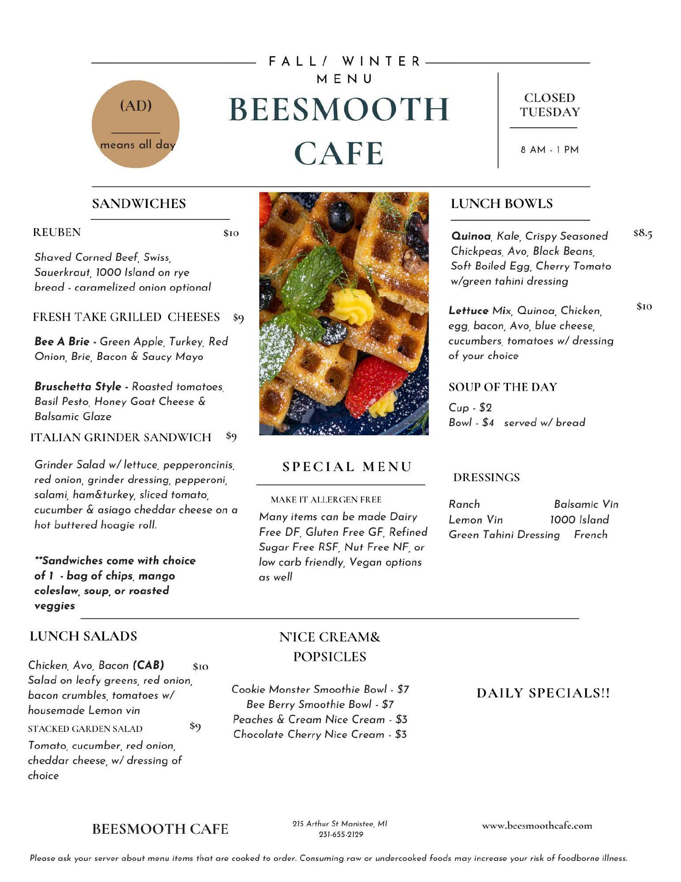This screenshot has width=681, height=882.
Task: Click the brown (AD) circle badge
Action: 135,124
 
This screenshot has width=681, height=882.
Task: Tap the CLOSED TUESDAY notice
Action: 549,105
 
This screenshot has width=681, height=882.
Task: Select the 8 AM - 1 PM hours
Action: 549,150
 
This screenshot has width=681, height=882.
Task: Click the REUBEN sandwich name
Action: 57,232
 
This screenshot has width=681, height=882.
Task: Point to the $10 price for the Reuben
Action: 231,233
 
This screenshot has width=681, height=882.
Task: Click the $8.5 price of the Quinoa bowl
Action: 642,233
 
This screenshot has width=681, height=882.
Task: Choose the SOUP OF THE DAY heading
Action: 502,387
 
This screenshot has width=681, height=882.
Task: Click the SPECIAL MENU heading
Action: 347,467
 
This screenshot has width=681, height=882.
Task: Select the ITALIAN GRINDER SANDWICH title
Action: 121,437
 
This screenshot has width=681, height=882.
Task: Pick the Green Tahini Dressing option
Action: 504,535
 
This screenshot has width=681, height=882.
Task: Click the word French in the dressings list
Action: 591,535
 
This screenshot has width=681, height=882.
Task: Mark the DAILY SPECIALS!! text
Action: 543,693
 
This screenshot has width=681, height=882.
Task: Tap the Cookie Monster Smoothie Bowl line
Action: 320,689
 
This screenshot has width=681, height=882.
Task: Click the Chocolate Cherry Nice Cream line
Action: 320,734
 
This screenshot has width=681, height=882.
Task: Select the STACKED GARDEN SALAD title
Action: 85,729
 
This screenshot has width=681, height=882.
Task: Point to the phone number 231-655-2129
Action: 340,834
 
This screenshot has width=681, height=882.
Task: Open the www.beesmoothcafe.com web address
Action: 536,826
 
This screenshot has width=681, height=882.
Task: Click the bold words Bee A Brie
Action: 62,342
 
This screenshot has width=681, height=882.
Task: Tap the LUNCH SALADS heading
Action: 84,636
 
